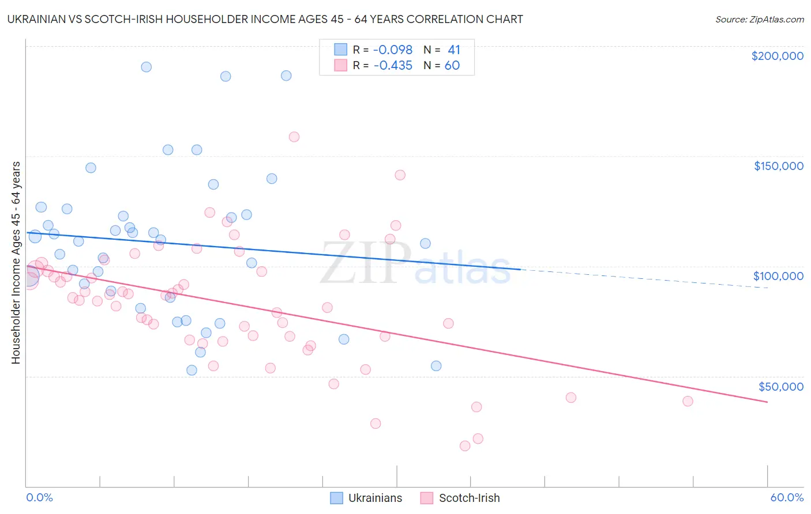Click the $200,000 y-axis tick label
tap(777, 56)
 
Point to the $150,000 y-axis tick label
tap(778, 166)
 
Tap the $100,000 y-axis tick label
tap(778, 276)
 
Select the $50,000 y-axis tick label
tap(780, 387)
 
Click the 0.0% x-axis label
tap(39, 497)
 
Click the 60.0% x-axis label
tap(786, 497)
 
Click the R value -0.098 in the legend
tap(393, 50)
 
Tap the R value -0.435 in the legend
tap(393, 66)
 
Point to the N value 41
tap(454, 50)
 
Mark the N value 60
tap(452, 66)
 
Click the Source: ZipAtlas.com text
tap(759, 20)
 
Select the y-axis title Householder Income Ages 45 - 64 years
tap(16, 263)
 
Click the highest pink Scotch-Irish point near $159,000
tap(294, 137)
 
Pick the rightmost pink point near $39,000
tap(688, 402)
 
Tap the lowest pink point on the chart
tap(465, 446)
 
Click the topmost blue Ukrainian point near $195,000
tap(147, 67)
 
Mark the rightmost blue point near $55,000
tap(436, 366)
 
